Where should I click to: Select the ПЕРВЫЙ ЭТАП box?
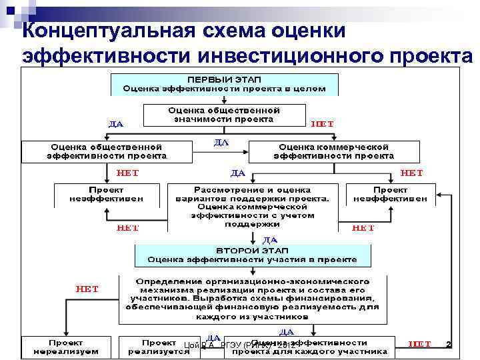225,83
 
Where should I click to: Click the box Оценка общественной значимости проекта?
224,115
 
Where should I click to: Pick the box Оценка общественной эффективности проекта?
106,151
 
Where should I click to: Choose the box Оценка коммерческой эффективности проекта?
333,151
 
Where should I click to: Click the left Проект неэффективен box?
106,194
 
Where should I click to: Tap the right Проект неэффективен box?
390,194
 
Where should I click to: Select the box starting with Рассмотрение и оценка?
252,207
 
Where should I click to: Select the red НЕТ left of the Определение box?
87,289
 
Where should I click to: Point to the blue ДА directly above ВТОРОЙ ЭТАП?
270,239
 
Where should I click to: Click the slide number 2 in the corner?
448,345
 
